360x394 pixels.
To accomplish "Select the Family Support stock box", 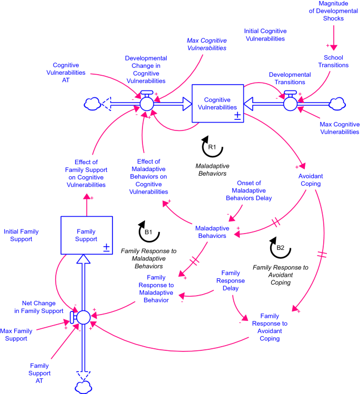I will tap(86, 235).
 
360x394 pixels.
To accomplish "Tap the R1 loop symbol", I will tap(212, 148).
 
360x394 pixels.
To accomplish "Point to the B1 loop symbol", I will tap(149, 231).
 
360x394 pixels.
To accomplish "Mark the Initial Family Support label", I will tap(21, 235).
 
